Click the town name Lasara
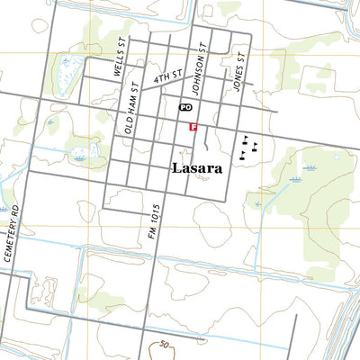point(196,168)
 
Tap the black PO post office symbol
point(186,106)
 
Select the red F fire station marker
point(192,128)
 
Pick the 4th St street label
point(168,78)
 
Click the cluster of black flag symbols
point(247,147)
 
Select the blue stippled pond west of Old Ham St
point(90,154)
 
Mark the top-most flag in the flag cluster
point(246,138)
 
